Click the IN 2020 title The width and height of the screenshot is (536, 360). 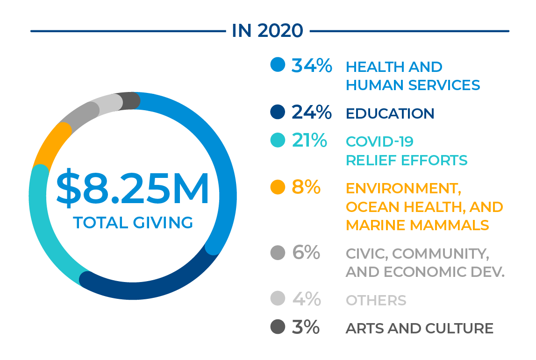tap(267, 31)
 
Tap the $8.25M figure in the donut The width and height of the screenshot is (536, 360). tap(133, 190)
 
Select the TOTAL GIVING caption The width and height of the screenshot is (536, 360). tap(133, 223)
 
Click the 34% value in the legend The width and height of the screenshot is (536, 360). tap(312, 66)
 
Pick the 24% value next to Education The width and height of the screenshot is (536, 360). tap(312, 113)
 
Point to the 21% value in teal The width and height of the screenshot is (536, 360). tap(309, 141)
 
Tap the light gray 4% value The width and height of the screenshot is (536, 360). tap(307, 299)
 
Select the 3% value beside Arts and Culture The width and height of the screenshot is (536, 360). tap(306, 327)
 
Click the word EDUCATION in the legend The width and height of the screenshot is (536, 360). tap(390, 113)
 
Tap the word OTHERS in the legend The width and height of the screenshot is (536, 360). tap(376, 300)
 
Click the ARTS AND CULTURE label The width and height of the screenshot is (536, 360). tap(419, 328)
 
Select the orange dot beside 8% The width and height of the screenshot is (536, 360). tap(278, 187)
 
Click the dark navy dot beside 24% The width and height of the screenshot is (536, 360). tap(278, 112)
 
